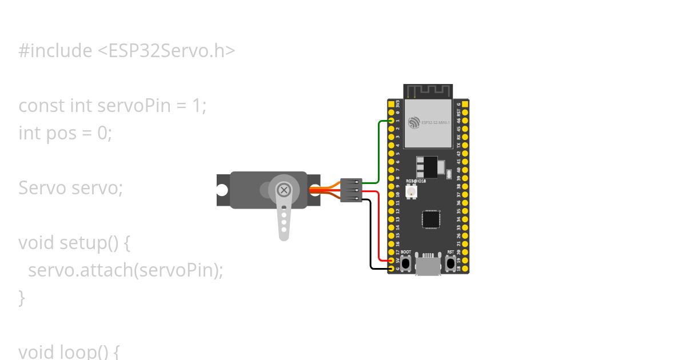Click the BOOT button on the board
click(406, 263)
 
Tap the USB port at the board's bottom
click(428, 265)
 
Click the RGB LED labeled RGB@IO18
click(411, 193)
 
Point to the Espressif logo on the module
click(414, 122)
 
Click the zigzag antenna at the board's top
click(428, 91)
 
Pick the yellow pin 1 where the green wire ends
click(392, 121)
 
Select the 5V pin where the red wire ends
click(392, 260)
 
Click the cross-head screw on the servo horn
click(284, 190)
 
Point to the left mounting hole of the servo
click(222, 190)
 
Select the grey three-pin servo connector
click(351, 190)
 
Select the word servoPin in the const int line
click(135, 106)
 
